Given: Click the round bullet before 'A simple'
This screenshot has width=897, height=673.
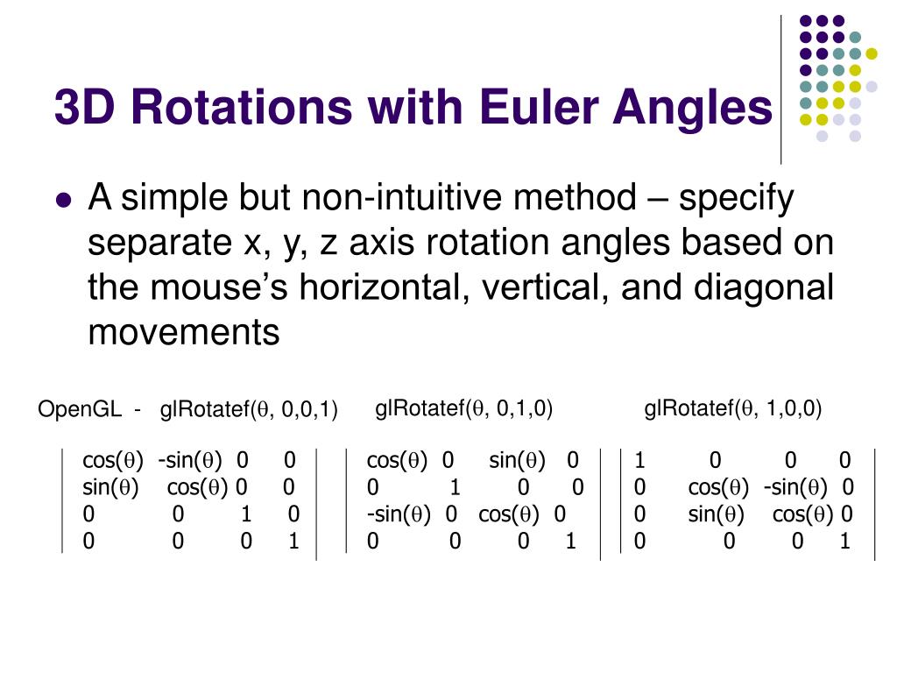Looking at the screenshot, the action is (62, 200).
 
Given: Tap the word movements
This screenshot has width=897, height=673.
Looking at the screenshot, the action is (183, 333).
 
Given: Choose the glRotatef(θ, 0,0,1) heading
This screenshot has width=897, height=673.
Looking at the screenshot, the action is (249, 410).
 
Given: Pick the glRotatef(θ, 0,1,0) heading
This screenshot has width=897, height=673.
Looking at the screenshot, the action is (463, 408).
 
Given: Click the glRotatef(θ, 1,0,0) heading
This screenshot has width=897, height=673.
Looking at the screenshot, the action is (732, 408).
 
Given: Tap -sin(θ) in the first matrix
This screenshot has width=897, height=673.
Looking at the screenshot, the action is (190, 461).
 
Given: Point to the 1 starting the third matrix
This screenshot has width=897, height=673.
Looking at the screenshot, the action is (639, 461).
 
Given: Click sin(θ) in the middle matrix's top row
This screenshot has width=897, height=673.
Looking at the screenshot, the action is (517, 461).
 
